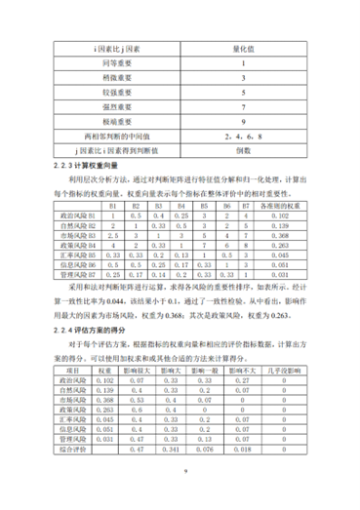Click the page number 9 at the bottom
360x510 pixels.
click(x=180, y=497)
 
